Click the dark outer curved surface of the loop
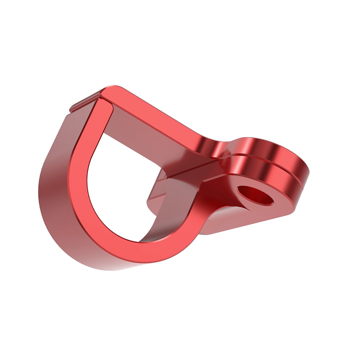54,202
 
